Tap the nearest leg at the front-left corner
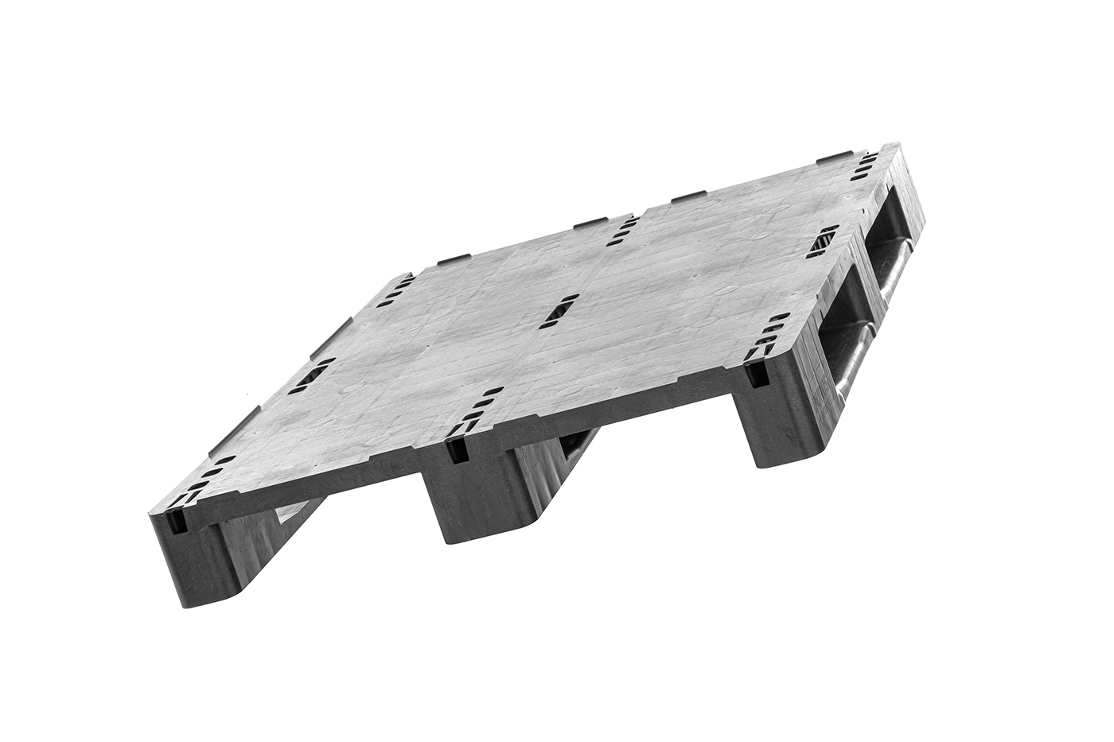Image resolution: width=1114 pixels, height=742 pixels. click(x=189, y=561)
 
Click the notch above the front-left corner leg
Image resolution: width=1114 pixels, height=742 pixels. click(x=176, y=520)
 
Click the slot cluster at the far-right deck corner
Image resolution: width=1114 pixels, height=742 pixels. click(x=864, y=168)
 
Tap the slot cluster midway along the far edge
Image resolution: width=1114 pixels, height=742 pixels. click(x=622, y=231)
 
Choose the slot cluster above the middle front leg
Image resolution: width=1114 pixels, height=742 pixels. click(x=475, y=413)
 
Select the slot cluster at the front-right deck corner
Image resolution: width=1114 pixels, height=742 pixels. click(x=769, y=335)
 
